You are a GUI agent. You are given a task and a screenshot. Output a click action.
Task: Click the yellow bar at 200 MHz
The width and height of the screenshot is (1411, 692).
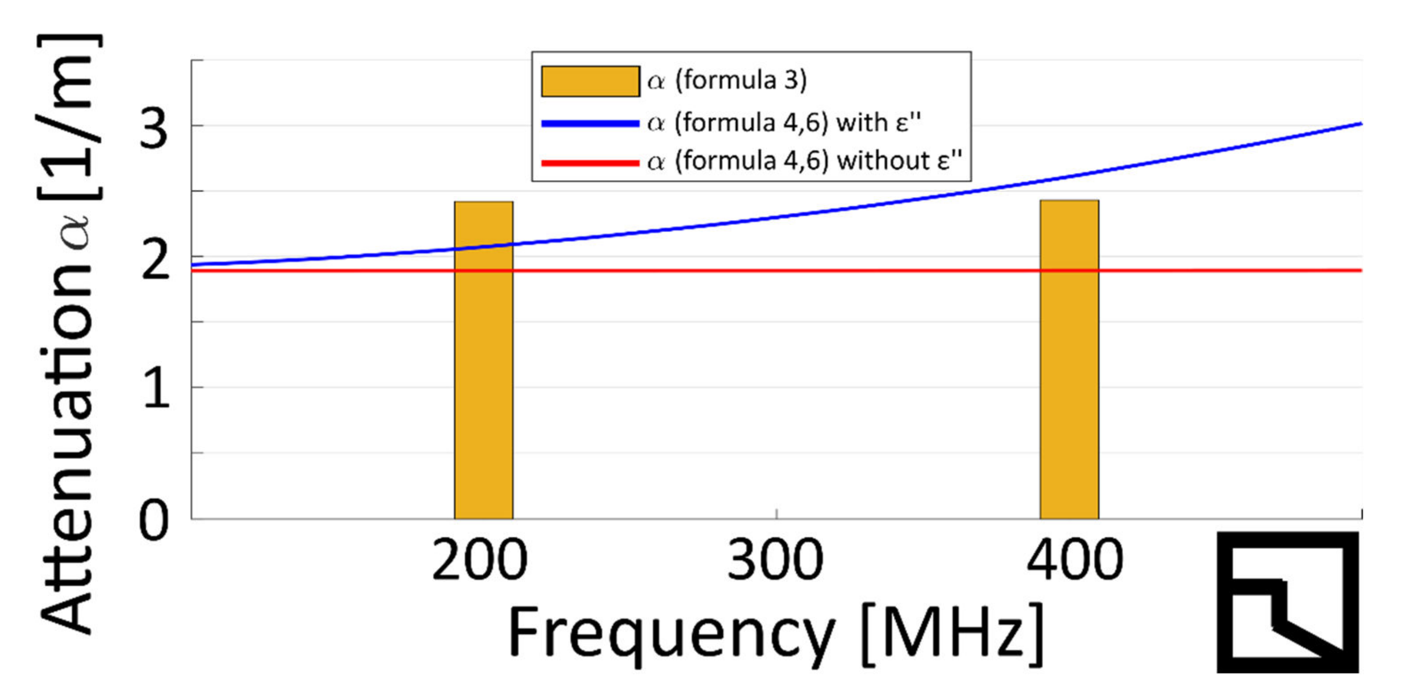pos(483,383)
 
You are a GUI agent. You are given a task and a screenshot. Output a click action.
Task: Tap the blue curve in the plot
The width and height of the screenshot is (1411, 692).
pos(767,217)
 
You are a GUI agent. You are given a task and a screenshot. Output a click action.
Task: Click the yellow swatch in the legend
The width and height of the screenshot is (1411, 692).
pos(590,81)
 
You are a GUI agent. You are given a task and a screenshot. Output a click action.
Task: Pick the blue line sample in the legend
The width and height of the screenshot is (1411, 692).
pos(590,123)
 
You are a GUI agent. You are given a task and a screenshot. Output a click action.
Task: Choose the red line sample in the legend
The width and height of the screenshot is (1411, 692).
pos(590,163)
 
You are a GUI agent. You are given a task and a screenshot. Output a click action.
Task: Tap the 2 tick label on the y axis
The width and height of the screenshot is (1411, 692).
pos(154,261)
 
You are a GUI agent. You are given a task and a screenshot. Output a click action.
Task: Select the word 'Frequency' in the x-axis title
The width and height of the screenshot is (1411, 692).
pos(671,635)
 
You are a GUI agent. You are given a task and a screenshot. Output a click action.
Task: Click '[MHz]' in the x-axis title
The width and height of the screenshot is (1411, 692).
pos(952,635)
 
